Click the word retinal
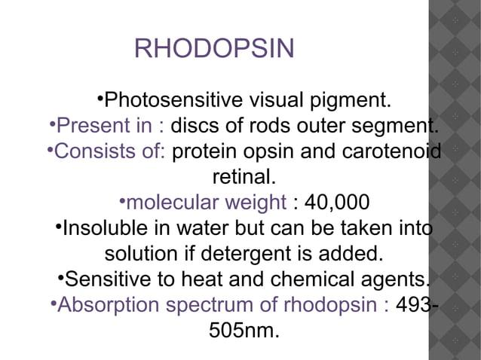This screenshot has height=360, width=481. click(243, 178)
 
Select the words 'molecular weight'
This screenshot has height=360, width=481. click(206, 203)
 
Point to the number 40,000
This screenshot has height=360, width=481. click(336, 203)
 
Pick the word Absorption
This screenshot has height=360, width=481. click(109, 306)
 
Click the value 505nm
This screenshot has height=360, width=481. click(242, 331)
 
